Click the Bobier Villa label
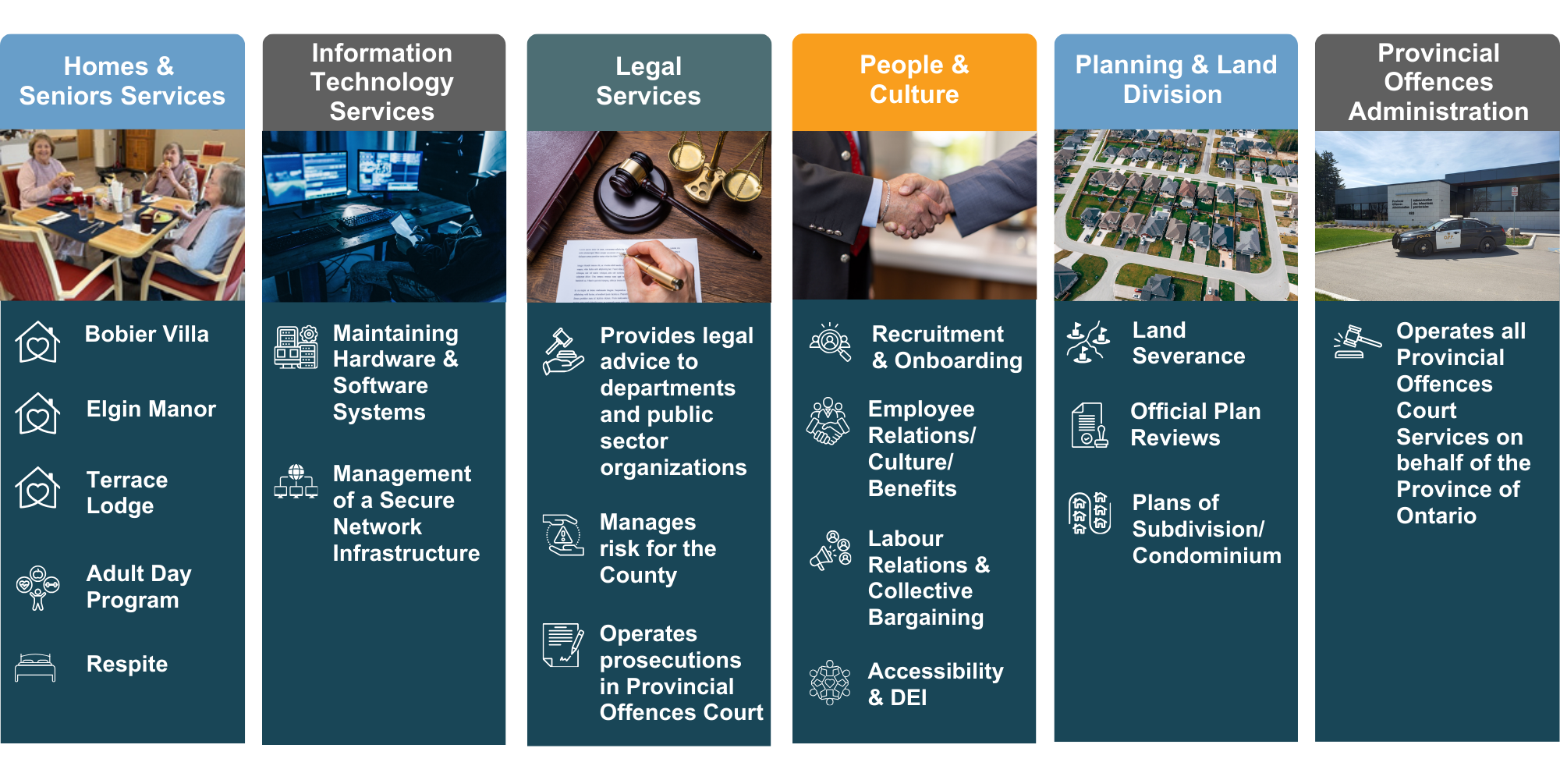point(147,335)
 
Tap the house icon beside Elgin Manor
point(37,413)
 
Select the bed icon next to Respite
point(35,667)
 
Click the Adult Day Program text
point(139,587)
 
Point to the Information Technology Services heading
point(382,82)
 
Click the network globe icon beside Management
point(296,481)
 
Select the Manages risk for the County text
point(658,548)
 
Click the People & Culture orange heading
point(914,80)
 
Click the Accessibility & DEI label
point(935,684)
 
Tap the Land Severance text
point(1188,343)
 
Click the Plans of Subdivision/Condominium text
point(1206,529)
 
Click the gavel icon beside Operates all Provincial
point(1356,342)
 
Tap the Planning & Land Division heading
point(1175,80)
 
